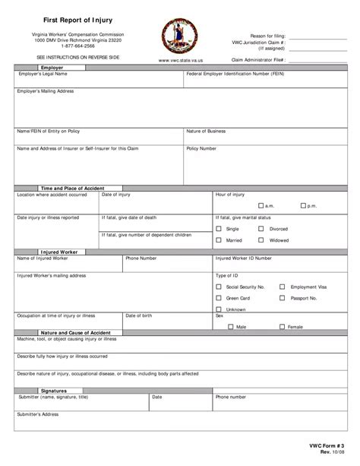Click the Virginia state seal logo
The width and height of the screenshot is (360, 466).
[179, 36]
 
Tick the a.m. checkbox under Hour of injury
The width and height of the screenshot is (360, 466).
[260, 206]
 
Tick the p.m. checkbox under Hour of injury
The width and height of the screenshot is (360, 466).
[302, 206]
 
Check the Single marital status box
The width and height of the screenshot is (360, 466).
[219, 228]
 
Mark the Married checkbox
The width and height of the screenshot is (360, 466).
[219, 240]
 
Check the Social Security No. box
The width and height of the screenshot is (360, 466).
[219, 287]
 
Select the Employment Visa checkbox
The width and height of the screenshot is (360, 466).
[282, 287]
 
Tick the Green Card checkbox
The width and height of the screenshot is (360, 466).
[219, 298]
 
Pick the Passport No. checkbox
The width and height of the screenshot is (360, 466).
[282, 298]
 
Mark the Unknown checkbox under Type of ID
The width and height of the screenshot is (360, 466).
[219, 309]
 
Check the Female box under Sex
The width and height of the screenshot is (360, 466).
[281, 326]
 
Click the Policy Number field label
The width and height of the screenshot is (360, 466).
[201, 149]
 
